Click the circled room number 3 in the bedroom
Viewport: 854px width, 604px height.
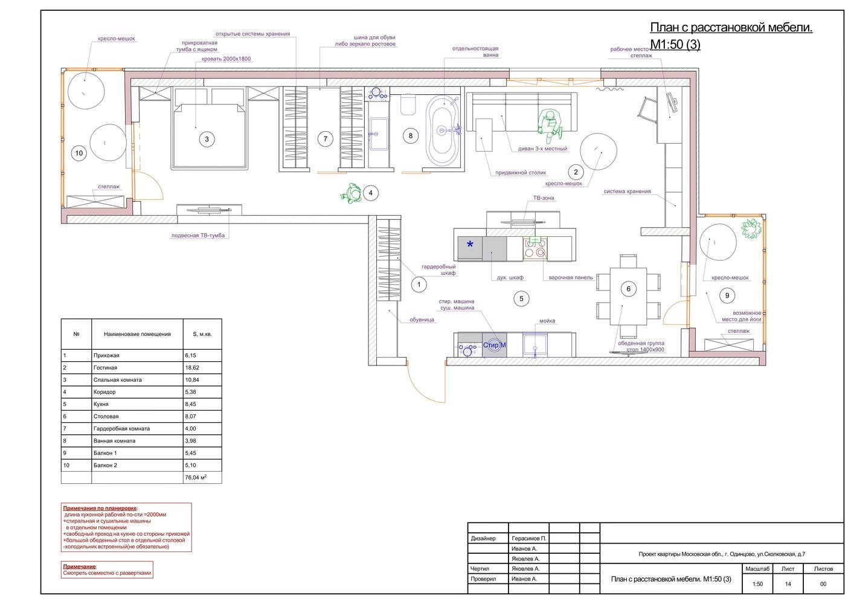click(x=207, y=139)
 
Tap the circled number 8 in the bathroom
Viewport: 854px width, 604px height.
click(x=410, y=135)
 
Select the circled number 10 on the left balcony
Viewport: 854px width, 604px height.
click(x=79, y=153)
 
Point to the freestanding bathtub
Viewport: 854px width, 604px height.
click(x=442, y=130)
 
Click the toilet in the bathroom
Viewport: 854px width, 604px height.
click(x=408, y=104)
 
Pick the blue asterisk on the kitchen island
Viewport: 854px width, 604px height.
click(x=470, y=244)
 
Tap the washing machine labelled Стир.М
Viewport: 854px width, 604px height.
click(x=495, y=345)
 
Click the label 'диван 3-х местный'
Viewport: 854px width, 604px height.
click(x=542, y=149)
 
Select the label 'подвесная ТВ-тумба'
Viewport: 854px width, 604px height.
click(x=198, y=236)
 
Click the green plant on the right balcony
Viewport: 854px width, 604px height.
click(x=751, y=228)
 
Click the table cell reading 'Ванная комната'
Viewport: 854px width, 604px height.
click(x=114, y=441)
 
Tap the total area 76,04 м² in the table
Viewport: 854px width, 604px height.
click(x=196, y=477)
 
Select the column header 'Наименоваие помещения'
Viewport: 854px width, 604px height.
click(x=137, y=334)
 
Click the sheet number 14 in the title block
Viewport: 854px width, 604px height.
click(x=788, y=584)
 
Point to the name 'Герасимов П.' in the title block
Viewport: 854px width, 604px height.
click(x=528, y=538)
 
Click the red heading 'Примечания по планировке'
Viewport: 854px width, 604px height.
click(x=100, y=509)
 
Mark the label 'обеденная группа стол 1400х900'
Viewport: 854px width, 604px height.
click(x=641, y=346)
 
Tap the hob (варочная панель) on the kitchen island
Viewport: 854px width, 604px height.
click(x=535, y=249)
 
